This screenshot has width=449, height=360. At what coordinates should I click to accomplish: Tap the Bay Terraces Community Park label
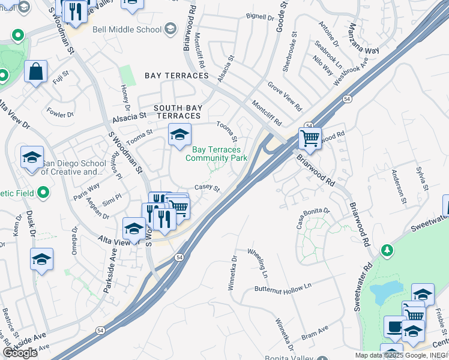pyautogui.click(x=216, y=154)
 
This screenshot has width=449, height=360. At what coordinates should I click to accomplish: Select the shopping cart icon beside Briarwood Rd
pyautogui.click(x=310, y=138)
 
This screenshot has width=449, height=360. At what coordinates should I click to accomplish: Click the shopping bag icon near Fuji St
pyautogui.click(x=36, y=71)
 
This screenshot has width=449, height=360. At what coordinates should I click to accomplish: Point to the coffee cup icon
pyautogui.click(x=394, y=326)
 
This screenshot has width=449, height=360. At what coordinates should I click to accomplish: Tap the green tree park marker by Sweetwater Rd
pyautogui.click(x=388, y=249)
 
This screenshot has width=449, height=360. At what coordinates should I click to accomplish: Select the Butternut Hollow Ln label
pyautogui.click(x=283, y=288)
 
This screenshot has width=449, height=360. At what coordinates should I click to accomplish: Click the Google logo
pyautogui.click(x=20, y=353)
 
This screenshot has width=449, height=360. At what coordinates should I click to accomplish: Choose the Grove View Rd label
pyautogui.click(x=285, y=96)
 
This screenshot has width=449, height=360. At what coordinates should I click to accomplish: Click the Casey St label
pyautogui.click(x=207, y=188)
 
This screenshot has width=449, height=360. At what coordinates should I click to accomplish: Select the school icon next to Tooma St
pyautogui.click(x=179, y=135)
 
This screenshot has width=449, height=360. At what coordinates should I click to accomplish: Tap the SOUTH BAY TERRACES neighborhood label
pyautogui.click(x=177, y=112)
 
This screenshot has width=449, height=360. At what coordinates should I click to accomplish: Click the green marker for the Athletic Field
pyautogui.click(x=43, y=192)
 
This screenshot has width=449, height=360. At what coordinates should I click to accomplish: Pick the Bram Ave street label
pyautogui.click(x=315, y=333)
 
